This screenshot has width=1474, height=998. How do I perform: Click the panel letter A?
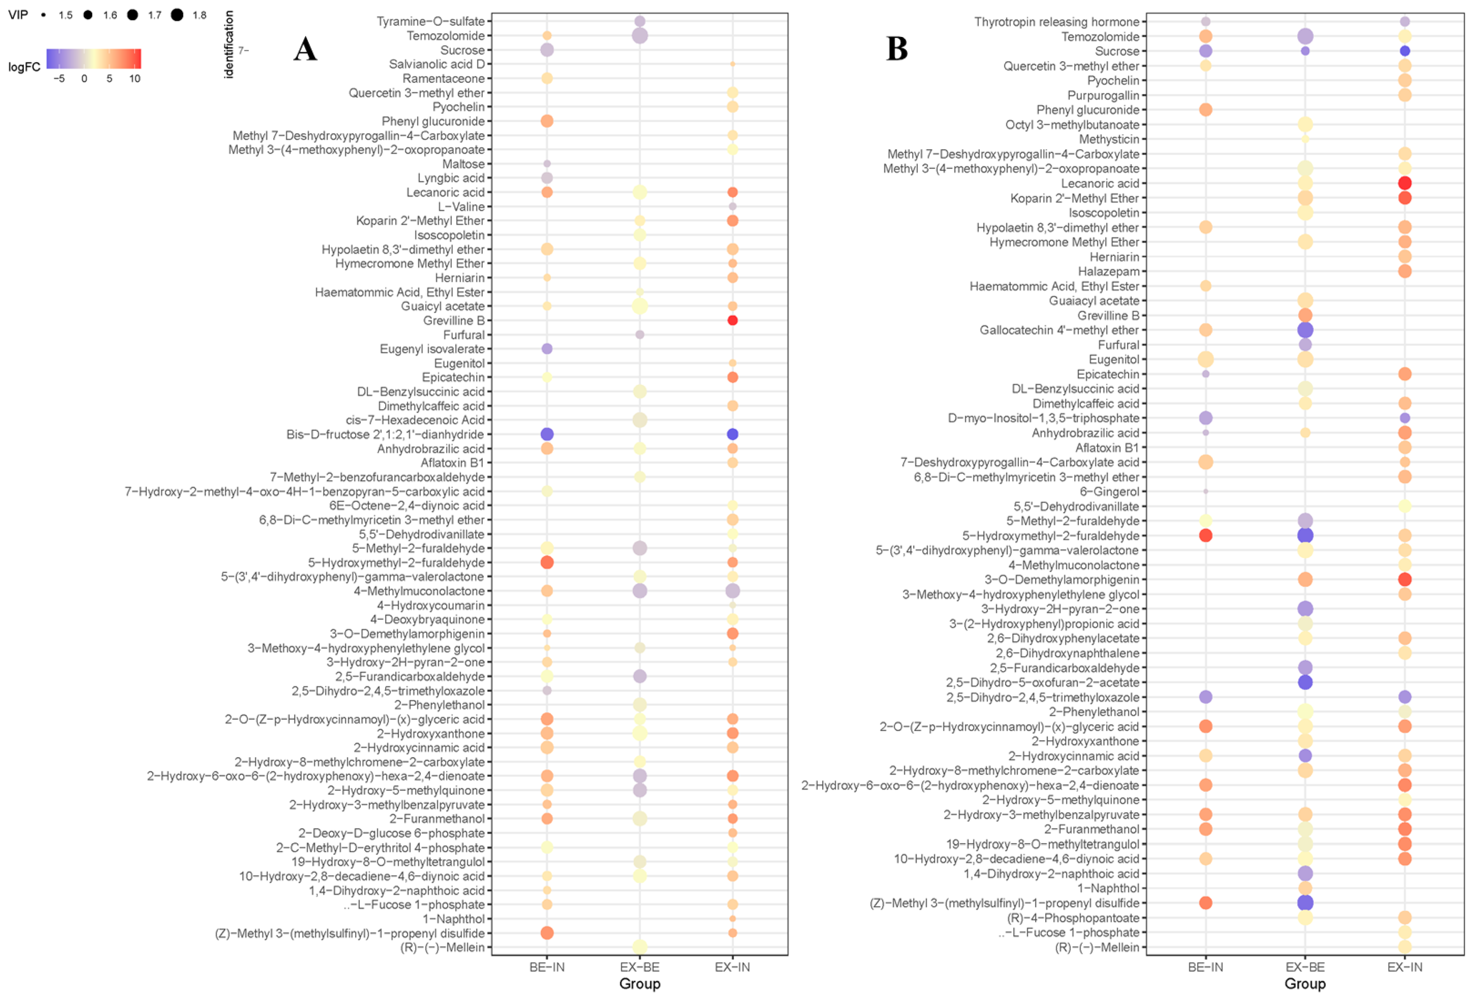click(x=305, y=49)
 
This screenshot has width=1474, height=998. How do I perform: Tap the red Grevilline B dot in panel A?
click(x=732, y=321)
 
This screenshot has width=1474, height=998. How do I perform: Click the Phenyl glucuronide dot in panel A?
click(x=547, y=121)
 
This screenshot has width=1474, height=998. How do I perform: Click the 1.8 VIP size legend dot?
click(x=177, y=15)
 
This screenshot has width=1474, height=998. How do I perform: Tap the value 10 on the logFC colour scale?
click(x=134, y=79)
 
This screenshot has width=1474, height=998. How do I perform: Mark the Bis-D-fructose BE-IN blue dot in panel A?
click(x=547, y=434)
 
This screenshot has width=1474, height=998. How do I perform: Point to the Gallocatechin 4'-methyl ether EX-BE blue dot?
click(x=1304, y=330)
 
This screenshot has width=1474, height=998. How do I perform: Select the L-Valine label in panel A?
click(x=461, y=207)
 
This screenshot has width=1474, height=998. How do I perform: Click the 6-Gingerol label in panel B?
click(x=1109, y=492)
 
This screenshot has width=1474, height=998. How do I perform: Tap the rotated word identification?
click(x=229, y=44)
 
